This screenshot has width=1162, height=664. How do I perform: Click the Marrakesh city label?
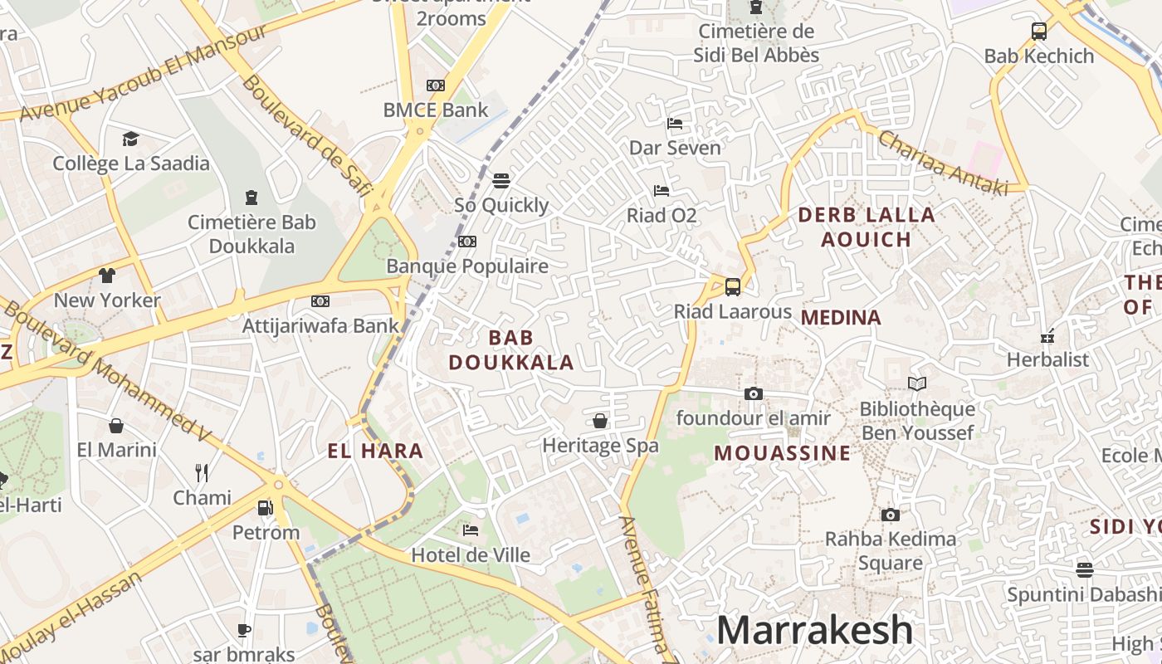tap(814, 630)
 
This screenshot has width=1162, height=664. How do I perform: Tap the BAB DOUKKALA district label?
tap(511, 349)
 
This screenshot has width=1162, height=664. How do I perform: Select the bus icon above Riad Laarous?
tap(732, 287)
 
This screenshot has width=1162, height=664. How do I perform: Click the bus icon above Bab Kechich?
tap(1038, 32)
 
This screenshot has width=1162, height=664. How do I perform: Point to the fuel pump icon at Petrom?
tap(265, 507)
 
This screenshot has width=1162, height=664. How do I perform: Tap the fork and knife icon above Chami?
tap(202, 473)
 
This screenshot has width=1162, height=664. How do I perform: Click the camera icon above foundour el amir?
tap(753, 393)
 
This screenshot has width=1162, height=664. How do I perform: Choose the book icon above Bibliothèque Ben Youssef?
tap(916, 383)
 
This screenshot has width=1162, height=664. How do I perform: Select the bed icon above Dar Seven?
tap(675, 124)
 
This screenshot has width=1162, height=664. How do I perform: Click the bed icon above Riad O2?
tap(661, 191)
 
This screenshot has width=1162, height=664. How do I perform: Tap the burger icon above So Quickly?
tap(500, 180)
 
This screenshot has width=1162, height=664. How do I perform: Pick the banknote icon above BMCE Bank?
tap(435, 85)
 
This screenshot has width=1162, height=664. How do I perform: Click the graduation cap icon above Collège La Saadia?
tap(130, 139)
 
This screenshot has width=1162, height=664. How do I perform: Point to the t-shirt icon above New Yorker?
tap(106, 275)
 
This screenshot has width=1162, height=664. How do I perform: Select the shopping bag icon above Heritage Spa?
tap(600, 421)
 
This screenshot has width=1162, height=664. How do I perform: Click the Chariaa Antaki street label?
tap(943, 163)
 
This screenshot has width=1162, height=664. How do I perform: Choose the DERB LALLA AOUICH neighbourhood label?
tap(866, 227)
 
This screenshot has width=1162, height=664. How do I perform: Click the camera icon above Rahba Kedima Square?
tap(890, 515)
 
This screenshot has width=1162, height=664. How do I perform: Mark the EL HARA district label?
tap(375, 452)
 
